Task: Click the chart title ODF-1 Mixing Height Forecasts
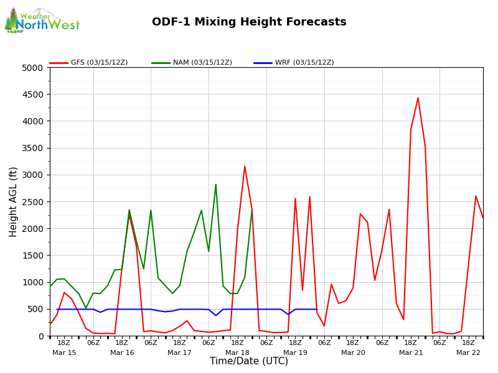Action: coord(249,22)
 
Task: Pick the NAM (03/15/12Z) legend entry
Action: coord(192,63)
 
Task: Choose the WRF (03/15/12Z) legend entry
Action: coord(294,63)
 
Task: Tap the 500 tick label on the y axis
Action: coord(37,309)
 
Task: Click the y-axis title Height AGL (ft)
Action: coord(14,201)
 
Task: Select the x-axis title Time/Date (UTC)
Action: coord(249,361)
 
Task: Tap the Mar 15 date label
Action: coord(64,352)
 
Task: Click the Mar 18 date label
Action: coord(237,352)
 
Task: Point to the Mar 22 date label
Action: coord(468,352)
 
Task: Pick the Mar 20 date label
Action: coord(353,352)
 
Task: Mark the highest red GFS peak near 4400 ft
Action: coord(418,98)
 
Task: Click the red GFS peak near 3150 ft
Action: coord(245,166)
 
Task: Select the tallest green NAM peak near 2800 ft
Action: coord(216,185)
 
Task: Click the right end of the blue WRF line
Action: coord(316,309)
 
